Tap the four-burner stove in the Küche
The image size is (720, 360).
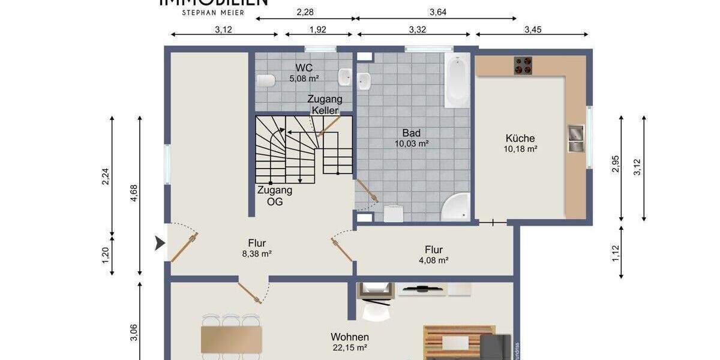point(523,65)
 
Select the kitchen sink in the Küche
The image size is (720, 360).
point(575,138)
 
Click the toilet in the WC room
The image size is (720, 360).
point(266,80)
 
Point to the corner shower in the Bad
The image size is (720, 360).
point(456,207)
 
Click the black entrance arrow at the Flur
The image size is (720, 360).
point(159,243)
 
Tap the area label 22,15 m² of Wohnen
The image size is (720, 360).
point(349,347)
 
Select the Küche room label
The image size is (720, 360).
point(520,138)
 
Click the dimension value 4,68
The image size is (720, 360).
point(134,196)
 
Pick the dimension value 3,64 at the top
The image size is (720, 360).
point(439,11)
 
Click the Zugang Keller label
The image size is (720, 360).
point(325,105)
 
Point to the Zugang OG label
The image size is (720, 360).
point(274,196)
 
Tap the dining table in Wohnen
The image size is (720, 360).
point(232,339)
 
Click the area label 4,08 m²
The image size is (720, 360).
point(433,260)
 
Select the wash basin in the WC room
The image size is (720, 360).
point(345,76)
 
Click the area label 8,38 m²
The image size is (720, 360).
point(257,254)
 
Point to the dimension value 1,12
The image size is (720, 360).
point(615,253)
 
